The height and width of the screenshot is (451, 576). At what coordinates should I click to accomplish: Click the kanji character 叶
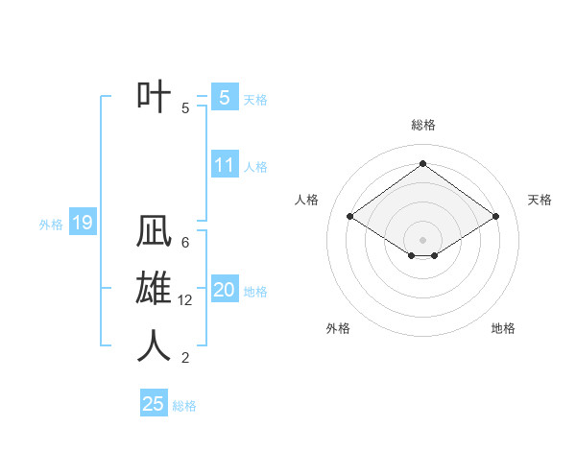155,97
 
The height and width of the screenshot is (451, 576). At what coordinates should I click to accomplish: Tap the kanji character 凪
155,233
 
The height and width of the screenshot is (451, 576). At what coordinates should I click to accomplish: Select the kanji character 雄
155,290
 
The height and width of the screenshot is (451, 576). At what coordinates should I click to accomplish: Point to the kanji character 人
155,346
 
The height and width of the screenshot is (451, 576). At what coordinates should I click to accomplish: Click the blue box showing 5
224,97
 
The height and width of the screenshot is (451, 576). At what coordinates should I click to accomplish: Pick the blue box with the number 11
224,164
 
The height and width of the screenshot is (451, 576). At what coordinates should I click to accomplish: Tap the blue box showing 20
224,290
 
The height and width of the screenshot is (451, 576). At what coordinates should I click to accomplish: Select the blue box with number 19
82,224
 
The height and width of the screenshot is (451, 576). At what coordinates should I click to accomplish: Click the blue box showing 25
154,404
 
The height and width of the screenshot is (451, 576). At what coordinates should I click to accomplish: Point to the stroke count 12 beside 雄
186,300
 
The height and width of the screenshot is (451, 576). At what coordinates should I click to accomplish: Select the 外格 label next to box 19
51,225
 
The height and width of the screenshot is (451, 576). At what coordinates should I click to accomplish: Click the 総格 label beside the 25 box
184,406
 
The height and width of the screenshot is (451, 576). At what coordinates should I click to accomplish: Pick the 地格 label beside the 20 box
256,292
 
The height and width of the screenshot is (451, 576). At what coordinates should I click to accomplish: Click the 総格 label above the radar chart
422,125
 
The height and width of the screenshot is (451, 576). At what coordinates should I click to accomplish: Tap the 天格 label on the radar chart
540,200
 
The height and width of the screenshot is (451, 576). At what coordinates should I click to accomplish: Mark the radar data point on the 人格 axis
349,217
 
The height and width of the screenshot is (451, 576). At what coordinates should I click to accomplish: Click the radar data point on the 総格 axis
422,163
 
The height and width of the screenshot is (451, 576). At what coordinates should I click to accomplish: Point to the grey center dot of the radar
422,239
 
